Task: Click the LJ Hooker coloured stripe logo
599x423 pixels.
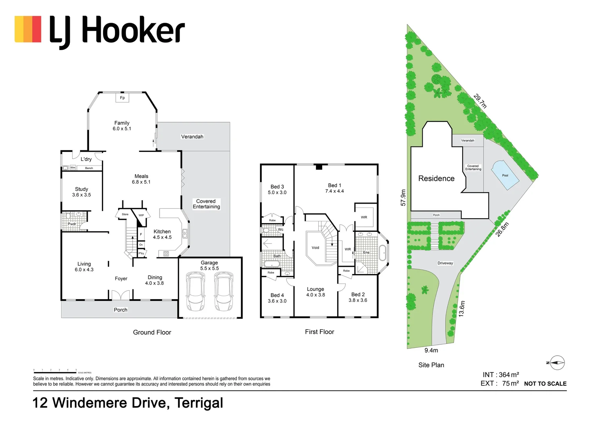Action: [x=28, y=29]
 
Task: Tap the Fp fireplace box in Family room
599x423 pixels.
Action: [x=122, y=98]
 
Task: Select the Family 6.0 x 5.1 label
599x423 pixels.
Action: [x=122, y=126]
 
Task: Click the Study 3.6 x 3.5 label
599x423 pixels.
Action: [x=82, y=192]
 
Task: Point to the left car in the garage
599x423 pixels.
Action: [x=195, y=291]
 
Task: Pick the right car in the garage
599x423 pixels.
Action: [x=223, y=291]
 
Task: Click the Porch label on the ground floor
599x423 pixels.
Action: [x=120, y=310]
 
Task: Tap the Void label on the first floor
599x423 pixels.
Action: [x=315, y=248]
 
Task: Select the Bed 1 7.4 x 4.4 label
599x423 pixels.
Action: [x=334, y=188]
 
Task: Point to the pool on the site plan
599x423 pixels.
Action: [x=505, y=175]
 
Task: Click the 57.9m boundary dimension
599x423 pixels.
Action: [x=403, y=198]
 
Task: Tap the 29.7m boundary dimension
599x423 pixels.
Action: [x=480, y=101]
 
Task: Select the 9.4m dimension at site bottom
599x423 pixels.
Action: [x=431, y=351]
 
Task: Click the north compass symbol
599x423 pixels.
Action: [x=557, y=363]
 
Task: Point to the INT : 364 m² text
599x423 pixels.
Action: [x=501, y=375]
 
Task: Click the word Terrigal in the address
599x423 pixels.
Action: [x=199, y=403]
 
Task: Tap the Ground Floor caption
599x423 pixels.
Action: [x=152, y=333]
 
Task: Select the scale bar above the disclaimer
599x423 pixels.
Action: [x=55, y=372]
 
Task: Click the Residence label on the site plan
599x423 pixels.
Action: [x=436, y=179]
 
